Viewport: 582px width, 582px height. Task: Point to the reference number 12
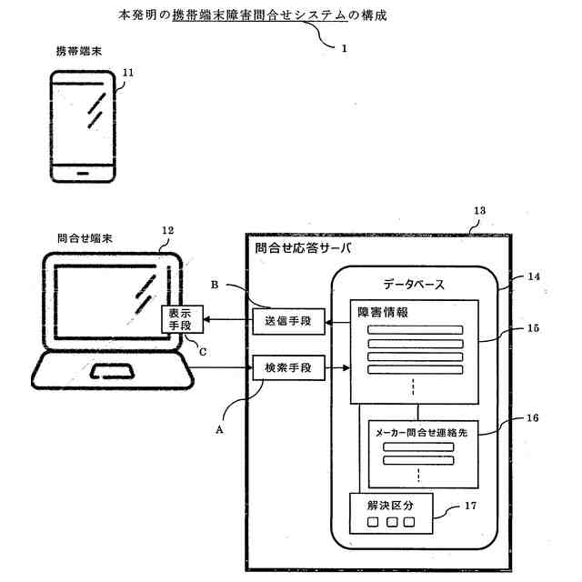point(166,230)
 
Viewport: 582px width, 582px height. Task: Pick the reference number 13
point(479,210)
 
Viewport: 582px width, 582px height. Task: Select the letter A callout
point(219,431)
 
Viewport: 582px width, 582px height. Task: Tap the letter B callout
point(216,285)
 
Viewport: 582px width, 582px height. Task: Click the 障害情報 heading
point(382,312)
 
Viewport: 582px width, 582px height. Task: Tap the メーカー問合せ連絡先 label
point(420,434)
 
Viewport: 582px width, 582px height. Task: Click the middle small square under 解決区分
point(391,523)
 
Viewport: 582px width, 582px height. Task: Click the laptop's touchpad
point(114,371)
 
